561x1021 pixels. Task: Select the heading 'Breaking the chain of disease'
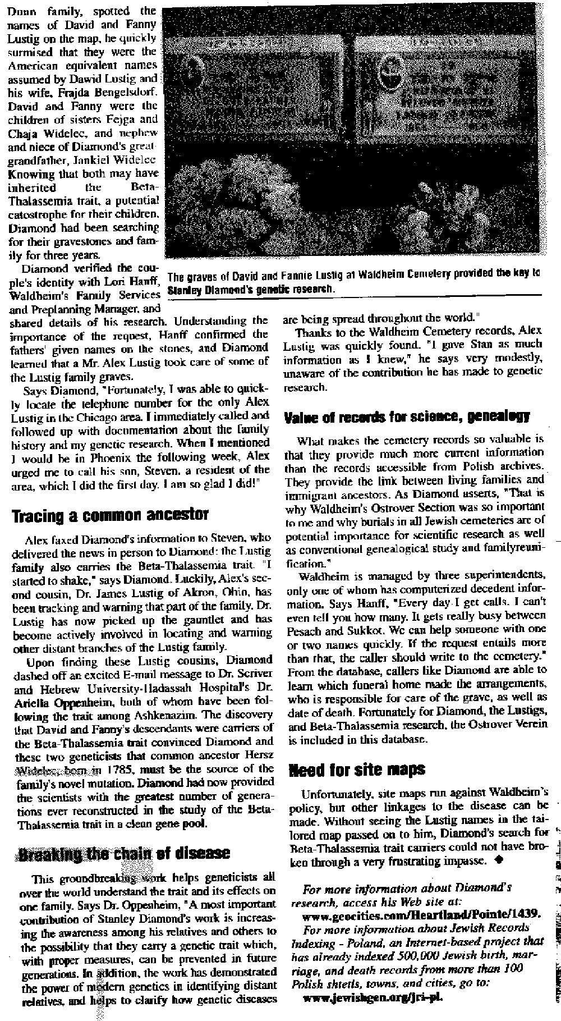[x=124, y=853]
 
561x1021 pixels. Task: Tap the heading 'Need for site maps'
[x=356, y=769]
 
